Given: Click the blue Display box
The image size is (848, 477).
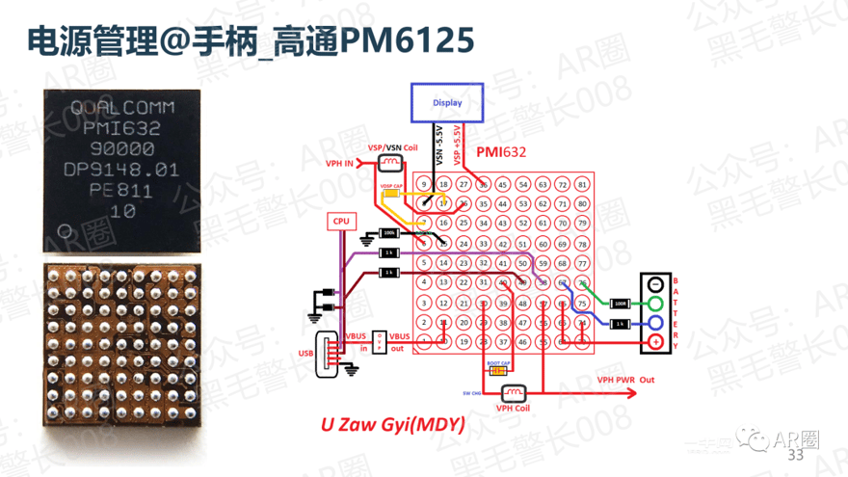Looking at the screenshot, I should click(447, 102).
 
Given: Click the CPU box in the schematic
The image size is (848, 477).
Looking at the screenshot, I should click(342, 222).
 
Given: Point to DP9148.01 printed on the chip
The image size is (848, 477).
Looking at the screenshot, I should click(121, 170).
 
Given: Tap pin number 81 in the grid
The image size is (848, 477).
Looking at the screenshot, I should click(583, 184).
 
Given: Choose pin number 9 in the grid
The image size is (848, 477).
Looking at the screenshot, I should click(423, 184).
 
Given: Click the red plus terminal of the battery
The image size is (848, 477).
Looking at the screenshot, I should click(655, 341).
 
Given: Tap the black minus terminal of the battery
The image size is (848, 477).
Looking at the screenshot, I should click(655, 284).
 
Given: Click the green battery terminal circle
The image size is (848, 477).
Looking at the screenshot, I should click(655, 304).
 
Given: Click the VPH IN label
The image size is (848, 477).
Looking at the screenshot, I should click(339, 164).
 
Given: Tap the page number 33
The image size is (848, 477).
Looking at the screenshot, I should click(796, 455).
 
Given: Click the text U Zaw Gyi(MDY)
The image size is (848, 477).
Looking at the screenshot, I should click(392, 424).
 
